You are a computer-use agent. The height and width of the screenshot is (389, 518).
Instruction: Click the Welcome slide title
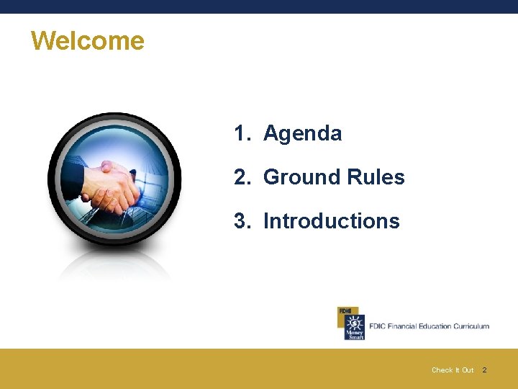tap(87, 40)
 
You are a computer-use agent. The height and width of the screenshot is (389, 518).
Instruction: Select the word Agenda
tap(302, 133)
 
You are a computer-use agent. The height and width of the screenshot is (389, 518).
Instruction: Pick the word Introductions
tap(331, 221)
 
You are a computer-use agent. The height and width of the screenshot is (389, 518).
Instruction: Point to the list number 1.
tap(240, 133)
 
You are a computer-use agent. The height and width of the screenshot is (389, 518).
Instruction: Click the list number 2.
tap(241, 177)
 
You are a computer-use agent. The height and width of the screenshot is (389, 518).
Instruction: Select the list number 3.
tap(241, 221)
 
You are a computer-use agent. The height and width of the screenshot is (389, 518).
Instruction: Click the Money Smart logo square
tap(354, 327)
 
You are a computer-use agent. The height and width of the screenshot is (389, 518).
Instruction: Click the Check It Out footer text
tap(453, 370)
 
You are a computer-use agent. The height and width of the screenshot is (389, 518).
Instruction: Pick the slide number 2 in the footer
tap(484, 370)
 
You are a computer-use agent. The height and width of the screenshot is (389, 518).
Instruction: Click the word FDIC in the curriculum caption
tap(377, 326)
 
